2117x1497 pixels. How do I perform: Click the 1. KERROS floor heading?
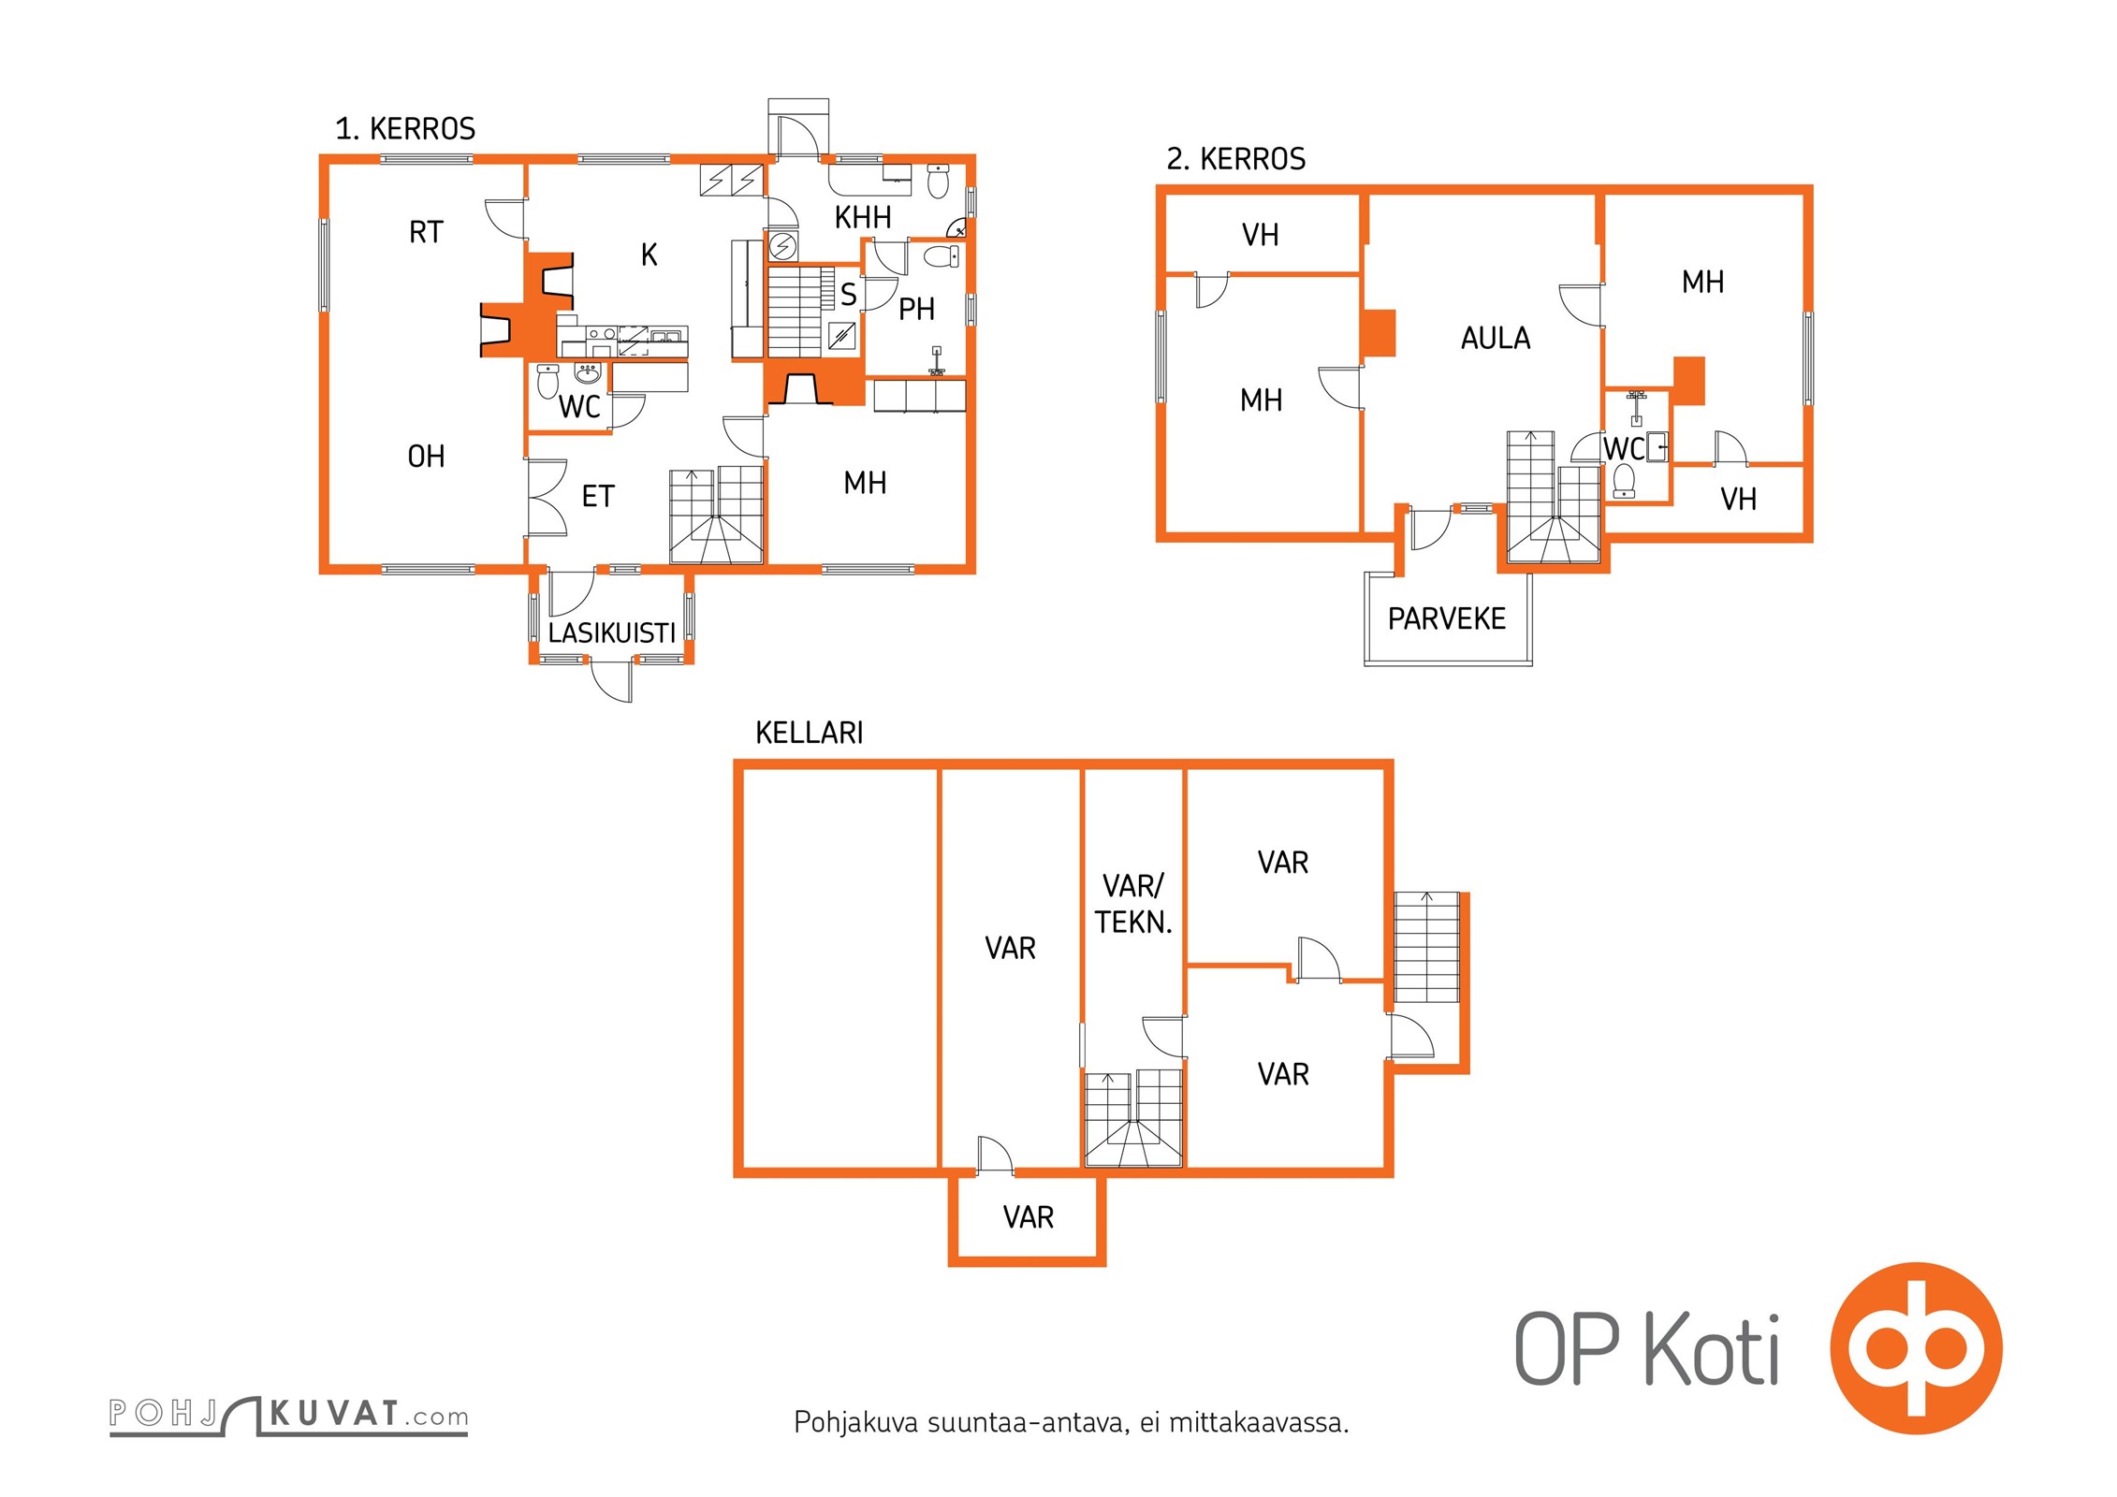pos(405,128)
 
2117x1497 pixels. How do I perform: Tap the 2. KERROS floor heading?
pos(1235,159)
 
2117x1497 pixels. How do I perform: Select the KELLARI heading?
pos(810,733)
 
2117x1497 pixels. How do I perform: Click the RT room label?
pos(426,232)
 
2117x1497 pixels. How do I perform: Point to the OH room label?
pos(426,457)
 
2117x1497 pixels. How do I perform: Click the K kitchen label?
pos(649,254)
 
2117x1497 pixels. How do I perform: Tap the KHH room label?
pos(863,218)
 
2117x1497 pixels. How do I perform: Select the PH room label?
pos(916,309)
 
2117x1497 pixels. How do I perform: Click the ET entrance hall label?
pos(598,496)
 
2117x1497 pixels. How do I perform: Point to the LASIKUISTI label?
pos(611,633)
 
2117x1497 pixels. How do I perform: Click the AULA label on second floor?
pos(1496,338)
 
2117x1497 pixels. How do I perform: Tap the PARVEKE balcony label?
pos(1447,618)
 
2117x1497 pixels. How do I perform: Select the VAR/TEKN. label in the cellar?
pos(1133,904)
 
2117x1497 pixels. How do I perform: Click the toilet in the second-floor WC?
pos(1624,481)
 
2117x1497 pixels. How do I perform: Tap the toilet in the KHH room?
pos(939,181)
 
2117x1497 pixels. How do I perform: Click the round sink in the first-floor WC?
pos(587,374)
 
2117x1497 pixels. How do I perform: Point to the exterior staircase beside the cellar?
pos(1426,947)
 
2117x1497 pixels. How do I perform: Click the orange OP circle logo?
pos(1916,1348)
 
